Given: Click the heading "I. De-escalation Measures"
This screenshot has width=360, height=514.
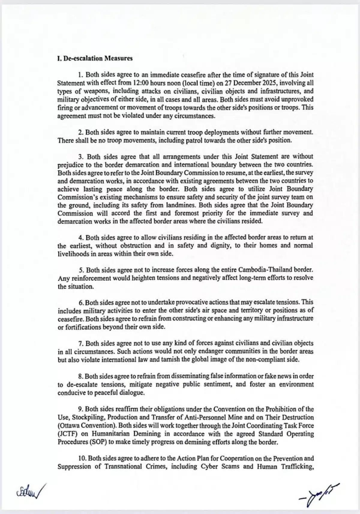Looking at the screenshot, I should [x=94, y=58].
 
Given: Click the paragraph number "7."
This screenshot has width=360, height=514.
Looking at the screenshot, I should [x=80, y=343].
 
